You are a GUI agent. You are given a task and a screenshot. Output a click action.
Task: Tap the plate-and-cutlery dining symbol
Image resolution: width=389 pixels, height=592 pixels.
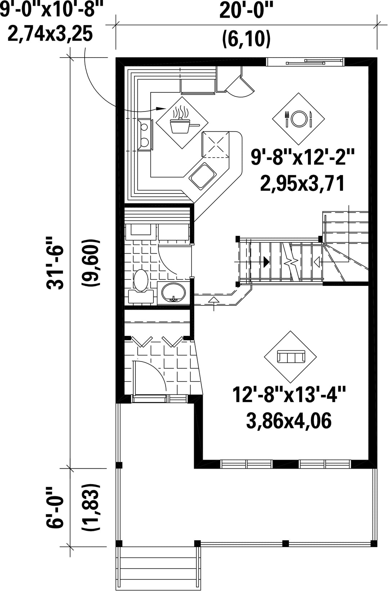(x=298, y=119)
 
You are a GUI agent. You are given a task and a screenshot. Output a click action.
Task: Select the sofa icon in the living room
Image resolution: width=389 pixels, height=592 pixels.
(x=291, y=356)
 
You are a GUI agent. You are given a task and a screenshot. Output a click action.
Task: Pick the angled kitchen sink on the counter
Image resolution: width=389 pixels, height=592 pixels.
(x=202, y=176)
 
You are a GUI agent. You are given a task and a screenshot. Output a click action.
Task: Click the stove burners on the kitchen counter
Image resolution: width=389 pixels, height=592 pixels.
(x=145, y=135)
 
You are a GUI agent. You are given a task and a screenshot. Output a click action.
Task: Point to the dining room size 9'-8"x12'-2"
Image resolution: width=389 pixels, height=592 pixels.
(x=302, y=157)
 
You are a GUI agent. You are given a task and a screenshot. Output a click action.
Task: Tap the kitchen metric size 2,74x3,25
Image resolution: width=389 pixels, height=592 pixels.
(x=50, y=34)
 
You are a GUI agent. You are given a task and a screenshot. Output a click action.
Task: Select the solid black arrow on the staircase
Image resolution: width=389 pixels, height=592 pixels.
(x=266, y=261)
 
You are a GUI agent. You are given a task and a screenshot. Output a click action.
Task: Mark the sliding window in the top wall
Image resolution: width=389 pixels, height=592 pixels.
(x=305, y=62)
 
